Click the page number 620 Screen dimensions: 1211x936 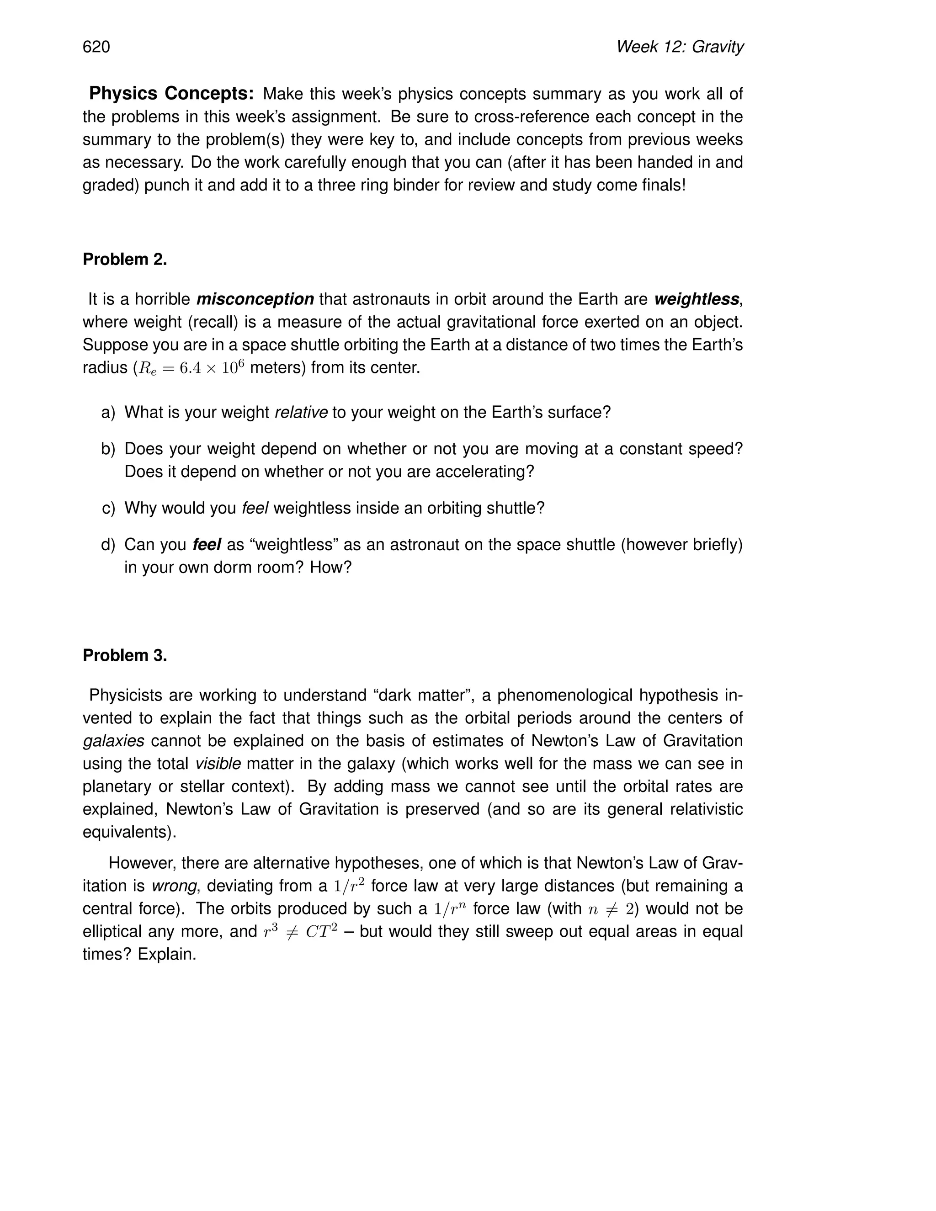point(96,47)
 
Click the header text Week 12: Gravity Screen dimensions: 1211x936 point(679,47)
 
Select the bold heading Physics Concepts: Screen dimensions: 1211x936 point(171,94)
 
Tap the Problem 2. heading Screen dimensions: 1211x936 point(125,259)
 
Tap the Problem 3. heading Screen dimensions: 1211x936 point(125,655)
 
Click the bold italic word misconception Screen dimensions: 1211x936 point(255,299)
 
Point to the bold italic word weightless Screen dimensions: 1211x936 point(696,299)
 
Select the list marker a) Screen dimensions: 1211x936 point(109,413)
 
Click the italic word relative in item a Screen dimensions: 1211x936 point(301,413)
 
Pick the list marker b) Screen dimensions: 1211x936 point(109,449)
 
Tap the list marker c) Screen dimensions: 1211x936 point(109,508)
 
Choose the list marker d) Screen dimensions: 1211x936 point(109,545)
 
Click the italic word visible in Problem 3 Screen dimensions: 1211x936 point(218,764)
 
